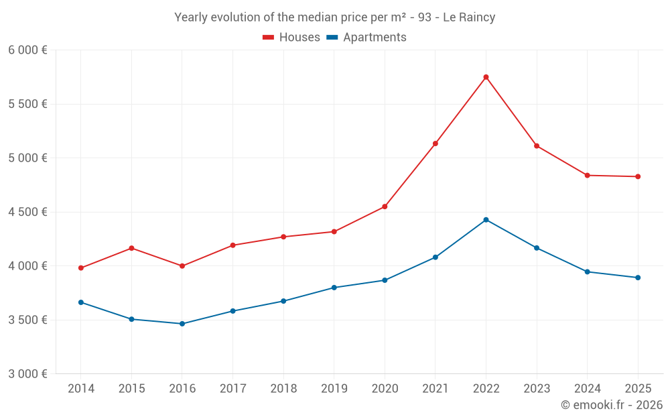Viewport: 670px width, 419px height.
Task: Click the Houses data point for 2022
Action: coord(486,77)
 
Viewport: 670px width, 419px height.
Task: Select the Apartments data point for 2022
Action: coord(486,220)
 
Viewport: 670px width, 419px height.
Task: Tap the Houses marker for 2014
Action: coord(81,268)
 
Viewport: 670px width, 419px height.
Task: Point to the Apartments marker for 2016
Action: coord(182,324)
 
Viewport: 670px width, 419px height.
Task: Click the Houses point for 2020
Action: coord(385,206)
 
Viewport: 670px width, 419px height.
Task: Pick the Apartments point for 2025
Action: coord(638,278)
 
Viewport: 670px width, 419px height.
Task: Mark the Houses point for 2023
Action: coord(537,146)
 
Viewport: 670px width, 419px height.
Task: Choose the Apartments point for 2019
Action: coord(334,288)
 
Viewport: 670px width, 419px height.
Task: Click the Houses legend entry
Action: coord(291,38)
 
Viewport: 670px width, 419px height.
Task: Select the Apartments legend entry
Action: coord(366,38)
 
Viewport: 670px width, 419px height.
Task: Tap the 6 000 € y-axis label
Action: coord(27,50)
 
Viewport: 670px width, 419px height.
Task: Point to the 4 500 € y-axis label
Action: coord(27,212)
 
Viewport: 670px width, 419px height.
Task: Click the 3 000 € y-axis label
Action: coord(27,374)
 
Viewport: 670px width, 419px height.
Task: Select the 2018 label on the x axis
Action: coord(283,389)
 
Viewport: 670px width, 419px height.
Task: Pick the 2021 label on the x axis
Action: coord(435,389)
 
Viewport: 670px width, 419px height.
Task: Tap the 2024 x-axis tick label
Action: coord(588,389)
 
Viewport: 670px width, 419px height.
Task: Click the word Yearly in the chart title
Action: coord(192,17)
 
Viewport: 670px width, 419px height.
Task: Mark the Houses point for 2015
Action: coord(131,248)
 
